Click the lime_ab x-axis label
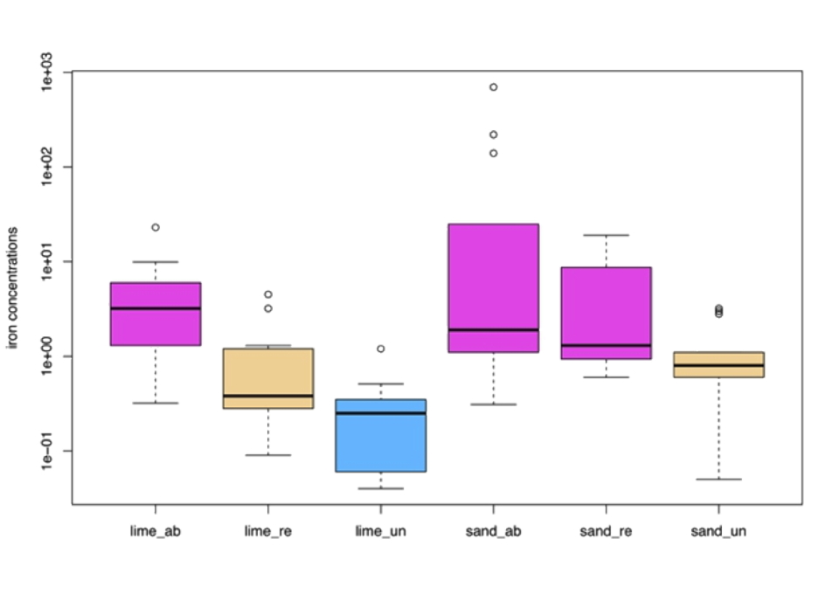click(156, 530)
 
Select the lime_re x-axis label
click(268, 530)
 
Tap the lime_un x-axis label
click(381, 530)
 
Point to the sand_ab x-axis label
click(494, 530)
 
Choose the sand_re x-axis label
click(606, 530)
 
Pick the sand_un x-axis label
click(718, 530)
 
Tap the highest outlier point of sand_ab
click(494, 87)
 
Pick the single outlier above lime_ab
click(156, 227)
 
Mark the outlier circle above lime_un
click(381, 349)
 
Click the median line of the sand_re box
click(606, 346)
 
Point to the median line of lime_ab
click(156, 308)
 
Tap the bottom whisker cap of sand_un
click(718, 480)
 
